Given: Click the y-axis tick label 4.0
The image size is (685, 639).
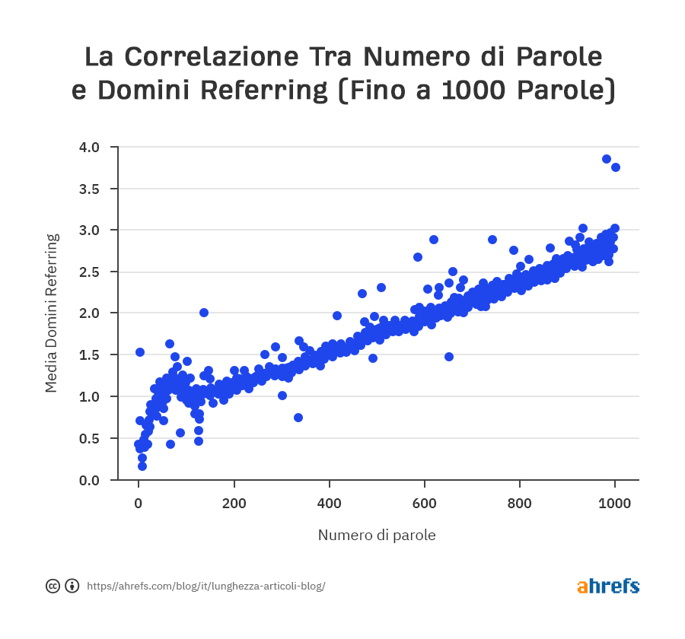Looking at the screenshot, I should click(x=90, y=147).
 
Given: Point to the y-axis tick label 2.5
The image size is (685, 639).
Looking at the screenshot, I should click(x=90, y=272).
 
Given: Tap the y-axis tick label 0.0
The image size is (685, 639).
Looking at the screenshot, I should click(x=90, y=480).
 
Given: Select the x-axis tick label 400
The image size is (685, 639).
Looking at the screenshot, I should click(x=329, y=503).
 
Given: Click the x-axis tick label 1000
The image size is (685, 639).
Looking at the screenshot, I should click(x=615, y=503).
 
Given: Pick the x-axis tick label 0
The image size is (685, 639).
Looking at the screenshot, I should click(x=138, y=503).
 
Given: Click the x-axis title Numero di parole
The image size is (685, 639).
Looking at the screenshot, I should click(x=377, y=535).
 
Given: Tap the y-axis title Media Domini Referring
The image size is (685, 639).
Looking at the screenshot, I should click(x=51, y=313).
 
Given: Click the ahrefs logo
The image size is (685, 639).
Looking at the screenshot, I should click(x=608, y=586).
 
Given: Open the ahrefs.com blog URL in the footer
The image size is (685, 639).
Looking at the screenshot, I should click(x=205, y=586).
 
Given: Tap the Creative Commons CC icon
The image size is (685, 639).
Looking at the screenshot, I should click(x=53, y=586).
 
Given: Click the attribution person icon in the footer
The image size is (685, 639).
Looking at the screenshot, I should click(x=72, y=586).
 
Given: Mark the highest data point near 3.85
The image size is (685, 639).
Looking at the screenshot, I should click(x=607, y=159).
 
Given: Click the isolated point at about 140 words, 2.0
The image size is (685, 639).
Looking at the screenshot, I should click(x=204, y=313).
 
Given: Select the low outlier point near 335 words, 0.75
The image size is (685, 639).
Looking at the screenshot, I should click(x=298, y=418).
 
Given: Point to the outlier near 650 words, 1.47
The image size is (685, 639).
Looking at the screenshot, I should click(x=449, y=357).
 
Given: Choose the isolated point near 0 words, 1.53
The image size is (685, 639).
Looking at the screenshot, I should click(x=140, y=352).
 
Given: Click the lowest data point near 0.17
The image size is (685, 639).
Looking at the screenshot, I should click(x=142, y=466).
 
